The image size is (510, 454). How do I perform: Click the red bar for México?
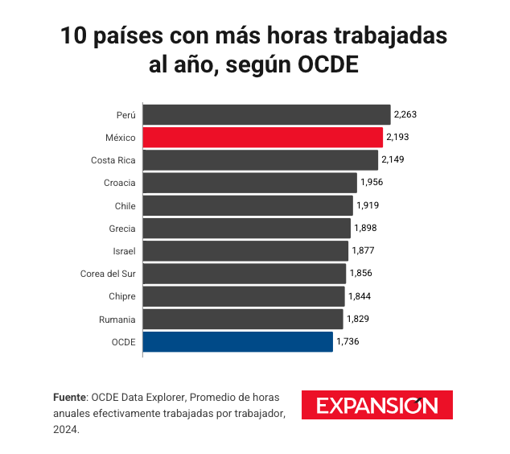click(262, 137)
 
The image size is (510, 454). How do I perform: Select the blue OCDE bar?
click(237, 342)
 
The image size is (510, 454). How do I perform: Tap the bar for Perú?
click(266, 114)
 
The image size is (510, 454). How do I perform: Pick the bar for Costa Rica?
click(260, 159)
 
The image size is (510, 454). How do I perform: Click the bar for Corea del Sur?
click(244, 274)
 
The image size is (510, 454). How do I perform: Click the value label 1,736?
click(348, 342)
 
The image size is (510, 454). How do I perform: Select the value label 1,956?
click(372, 183)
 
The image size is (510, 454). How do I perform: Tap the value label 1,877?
click(363, 251)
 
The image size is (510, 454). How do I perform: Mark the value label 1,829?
click(357, 320)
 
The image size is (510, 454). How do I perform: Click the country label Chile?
click(124, 205)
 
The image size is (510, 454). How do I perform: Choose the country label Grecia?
click(121, 229)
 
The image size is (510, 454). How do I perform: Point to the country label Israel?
click(124, 251)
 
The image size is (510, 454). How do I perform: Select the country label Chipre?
click(122, 297)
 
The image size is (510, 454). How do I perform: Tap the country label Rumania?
click(117, 320)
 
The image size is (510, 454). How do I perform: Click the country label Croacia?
click(119, 183)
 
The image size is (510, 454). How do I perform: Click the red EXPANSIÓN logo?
click(376, 405)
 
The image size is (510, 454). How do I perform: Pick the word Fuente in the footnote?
click(70, 398)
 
